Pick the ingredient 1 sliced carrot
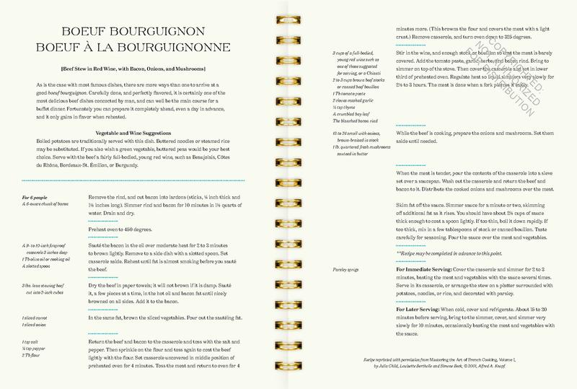(30, 317)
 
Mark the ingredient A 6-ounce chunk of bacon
(40, 203)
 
